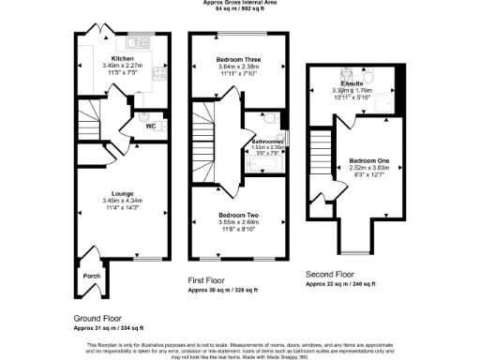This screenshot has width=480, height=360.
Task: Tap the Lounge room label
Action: click(x=121, y=194)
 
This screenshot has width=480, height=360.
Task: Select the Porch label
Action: click(x=92, y=276)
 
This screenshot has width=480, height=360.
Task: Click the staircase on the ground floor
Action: click(x=87, y=125)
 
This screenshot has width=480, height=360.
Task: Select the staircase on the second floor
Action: click(x=322, y=155)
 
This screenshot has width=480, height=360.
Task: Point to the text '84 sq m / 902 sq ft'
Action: click(x=239, y=9)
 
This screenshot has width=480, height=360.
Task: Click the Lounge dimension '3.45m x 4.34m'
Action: click(x=121, y=201)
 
